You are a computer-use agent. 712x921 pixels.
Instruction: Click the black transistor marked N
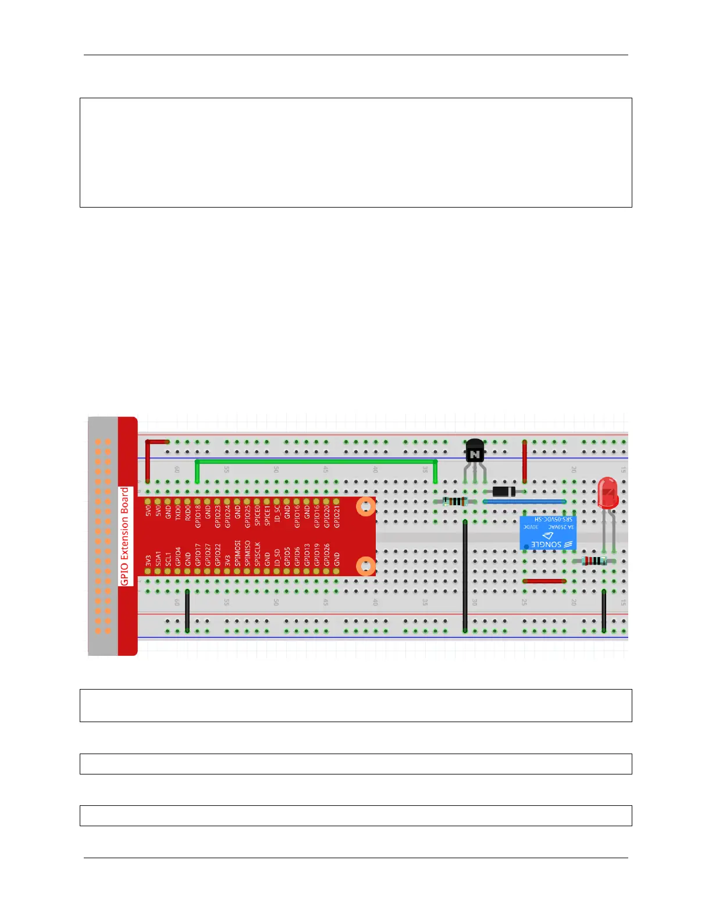point(475,452)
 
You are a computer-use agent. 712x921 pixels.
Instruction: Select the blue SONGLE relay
point(547,533)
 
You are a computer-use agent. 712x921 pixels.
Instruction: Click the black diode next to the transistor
point(504,492)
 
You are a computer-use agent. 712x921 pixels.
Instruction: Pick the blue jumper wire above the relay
point(524,501)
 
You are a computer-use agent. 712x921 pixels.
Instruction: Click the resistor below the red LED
point(594,561)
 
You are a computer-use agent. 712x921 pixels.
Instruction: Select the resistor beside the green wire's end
point(454,502)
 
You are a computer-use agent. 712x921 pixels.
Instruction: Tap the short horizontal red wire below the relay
point(544,581)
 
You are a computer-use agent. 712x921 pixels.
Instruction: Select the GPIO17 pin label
point(198,555)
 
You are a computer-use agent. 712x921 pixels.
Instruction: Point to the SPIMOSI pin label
point(237,553)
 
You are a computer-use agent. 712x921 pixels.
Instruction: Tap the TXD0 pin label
point(178,512)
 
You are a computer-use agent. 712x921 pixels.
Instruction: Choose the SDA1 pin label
point(158,558)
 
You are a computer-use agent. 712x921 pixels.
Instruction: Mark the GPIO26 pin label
point(326,555)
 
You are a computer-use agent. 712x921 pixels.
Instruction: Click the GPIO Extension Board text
point(124,536)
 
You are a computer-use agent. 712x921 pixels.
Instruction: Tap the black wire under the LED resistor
point(604,611)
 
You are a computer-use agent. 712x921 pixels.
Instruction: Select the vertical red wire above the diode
point(525,462)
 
